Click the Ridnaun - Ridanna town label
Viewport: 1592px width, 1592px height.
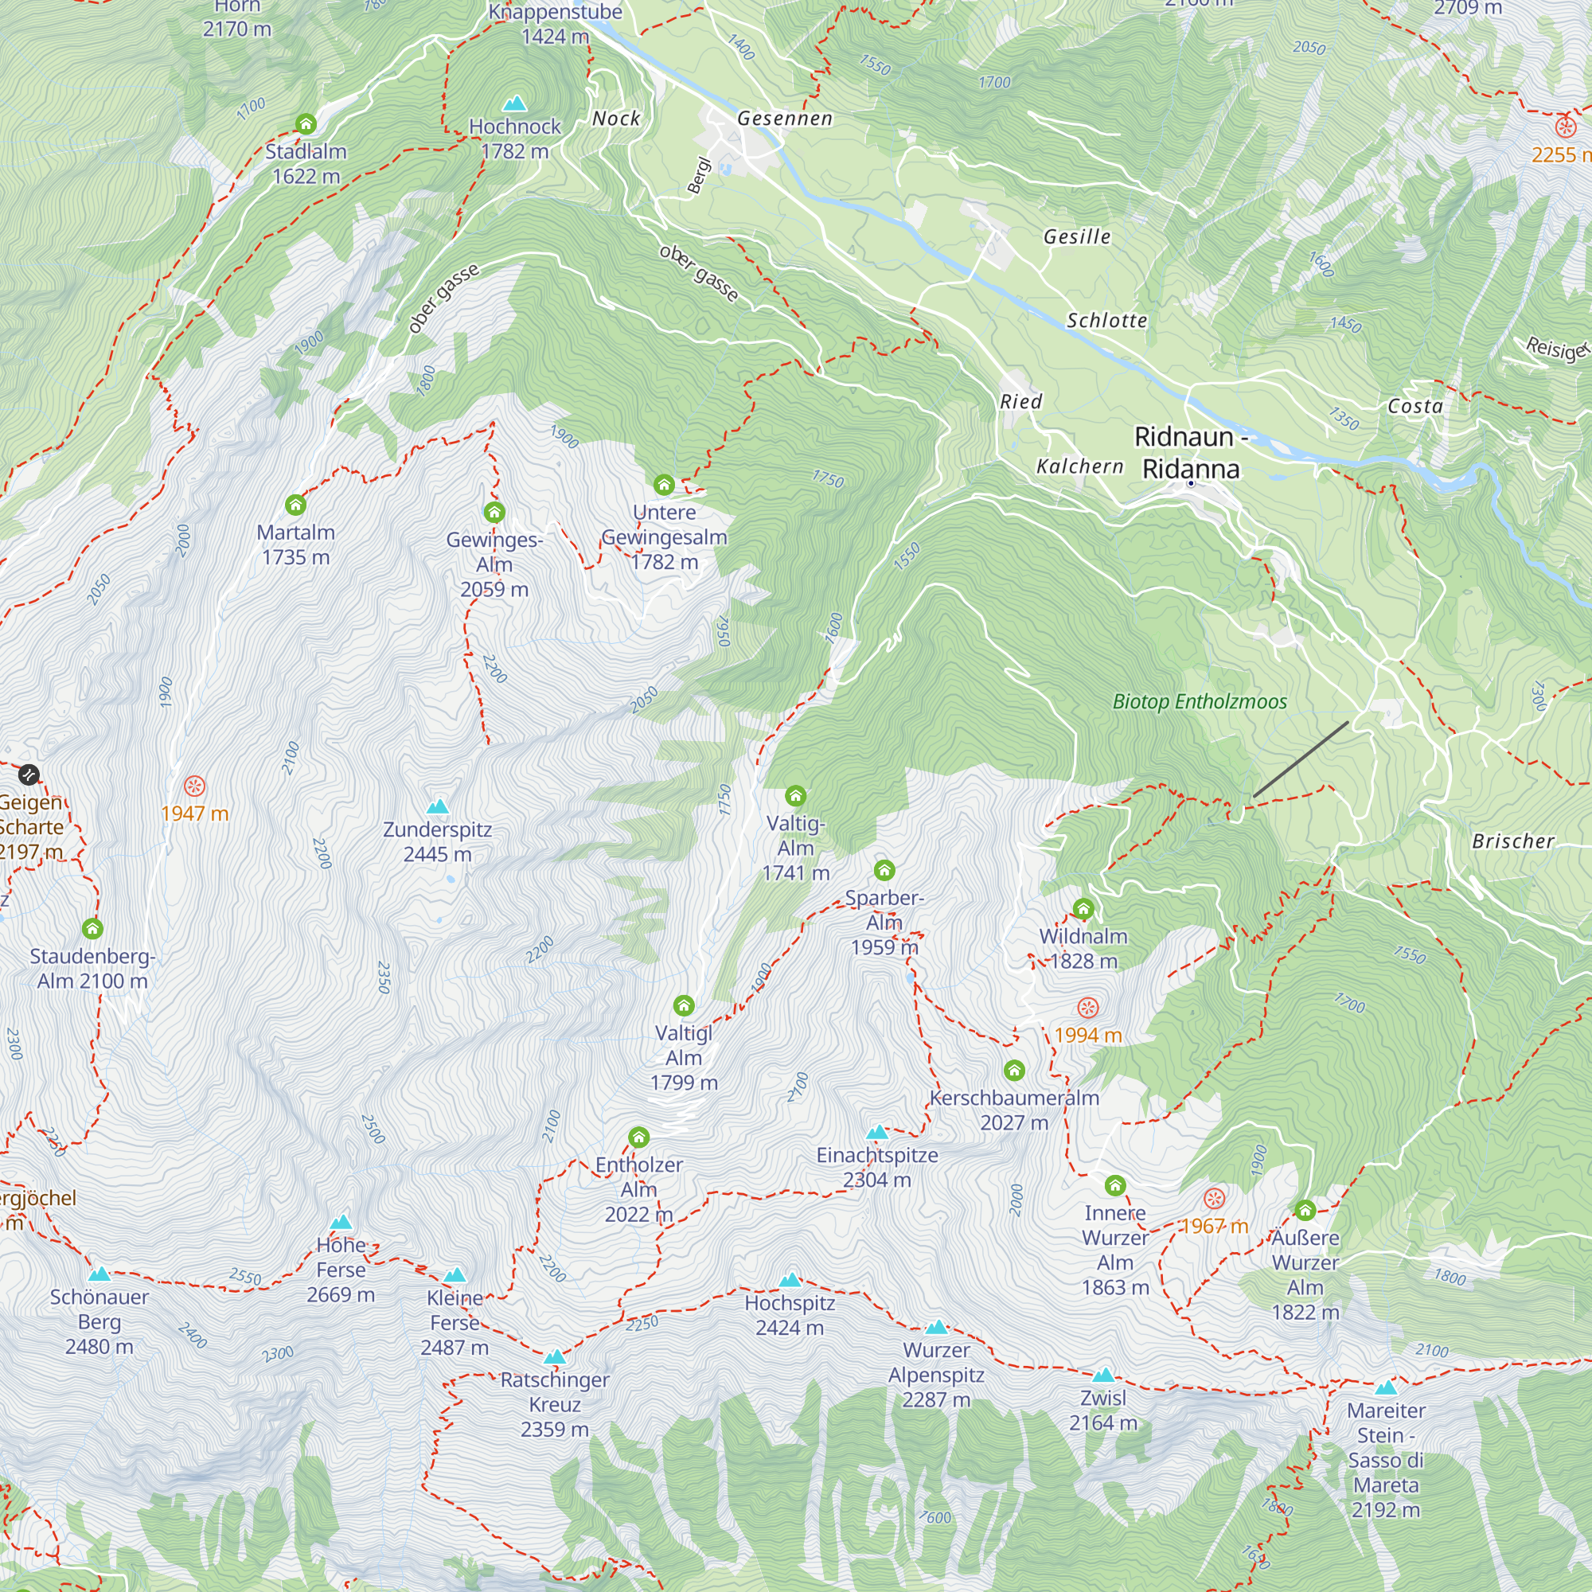pyautogui.click(x=1191, y=452)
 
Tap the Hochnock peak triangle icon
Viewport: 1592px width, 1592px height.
pyautogui.click(x=515, y=103)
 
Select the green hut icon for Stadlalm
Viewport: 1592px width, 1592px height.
pyautogui.click(x=306, y=124)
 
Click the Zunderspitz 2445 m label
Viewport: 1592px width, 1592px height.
pyautogui.click(x=438, y=841)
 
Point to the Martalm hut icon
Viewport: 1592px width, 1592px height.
pyautogui.click(x=295, y=505)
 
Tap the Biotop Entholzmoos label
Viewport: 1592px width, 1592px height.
pyautogui.click(x=1199, y=701)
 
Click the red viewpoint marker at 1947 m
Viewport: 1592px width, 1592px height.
pyautogui.click(x=194, y=786)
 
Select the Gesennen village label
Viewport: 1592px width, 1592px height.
pyautogui.click(x=785, y=119)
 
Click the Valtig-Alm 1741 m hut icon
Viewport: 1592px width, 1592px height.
pyautogui.click(x=795, y=796)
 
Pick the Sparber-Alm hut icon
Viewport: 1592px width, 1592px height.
pyautogui.click(x=884, y=870)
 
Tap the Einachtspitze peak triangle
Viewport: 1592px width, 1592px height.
pyautogui.click(x=876, y=1132)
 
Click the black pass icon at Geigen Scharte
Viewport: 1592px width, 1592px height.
pyautogui.click(x=29, y=775)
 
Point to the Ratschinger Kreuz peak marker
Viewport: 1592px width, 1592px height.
pyautogui.click(x=555, y=1356)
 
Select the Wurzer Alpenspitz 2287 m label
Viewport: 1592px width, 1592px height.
pyautogui.click(x=936, y=1375)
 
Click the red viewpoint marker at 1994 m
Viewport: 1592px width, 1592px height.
pyautogui.click(x=1087, y=1008)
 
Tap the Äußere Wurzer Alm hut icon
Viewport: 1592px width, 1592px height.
pyautogui.click(x=1305, y=1210)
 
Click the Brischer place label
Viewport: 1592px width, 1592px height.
pyautogui.click(x=1513, y=841)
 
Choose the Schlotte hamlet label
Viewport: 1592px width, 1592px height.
pyautogui.click(x=1106, y=321)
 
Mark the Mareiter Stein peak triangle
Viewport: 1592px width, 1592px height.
pyautogui.click(x=1386, y=1387)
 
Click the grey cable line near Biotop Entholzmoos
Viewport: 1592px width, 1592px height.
pyautogui.click(x=1301, y=759)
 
